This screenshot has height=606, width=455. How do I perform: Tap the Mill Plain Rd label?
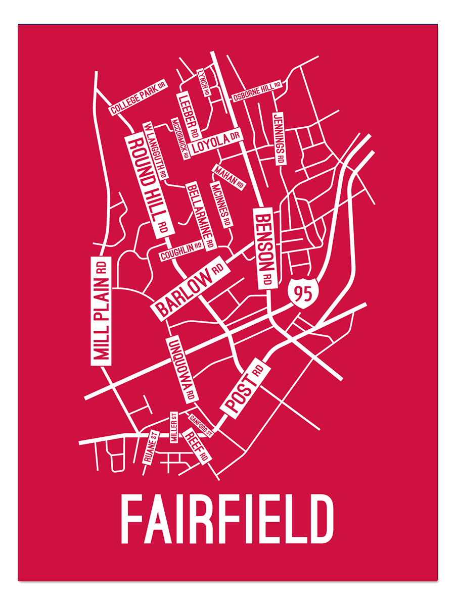coord(101,310)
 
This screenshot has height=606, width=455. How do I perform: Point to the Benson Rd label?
coord(266,247)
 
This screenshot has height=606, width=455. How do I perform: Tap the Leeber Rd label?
coord(188,116)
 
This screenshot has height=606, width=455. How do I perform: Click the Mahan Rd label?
coord(229,177)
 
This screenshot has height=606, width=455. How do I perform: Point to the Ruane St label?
coord(151,447)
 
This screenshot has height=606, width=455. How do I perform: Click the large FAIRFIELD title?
coord(227,519)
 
